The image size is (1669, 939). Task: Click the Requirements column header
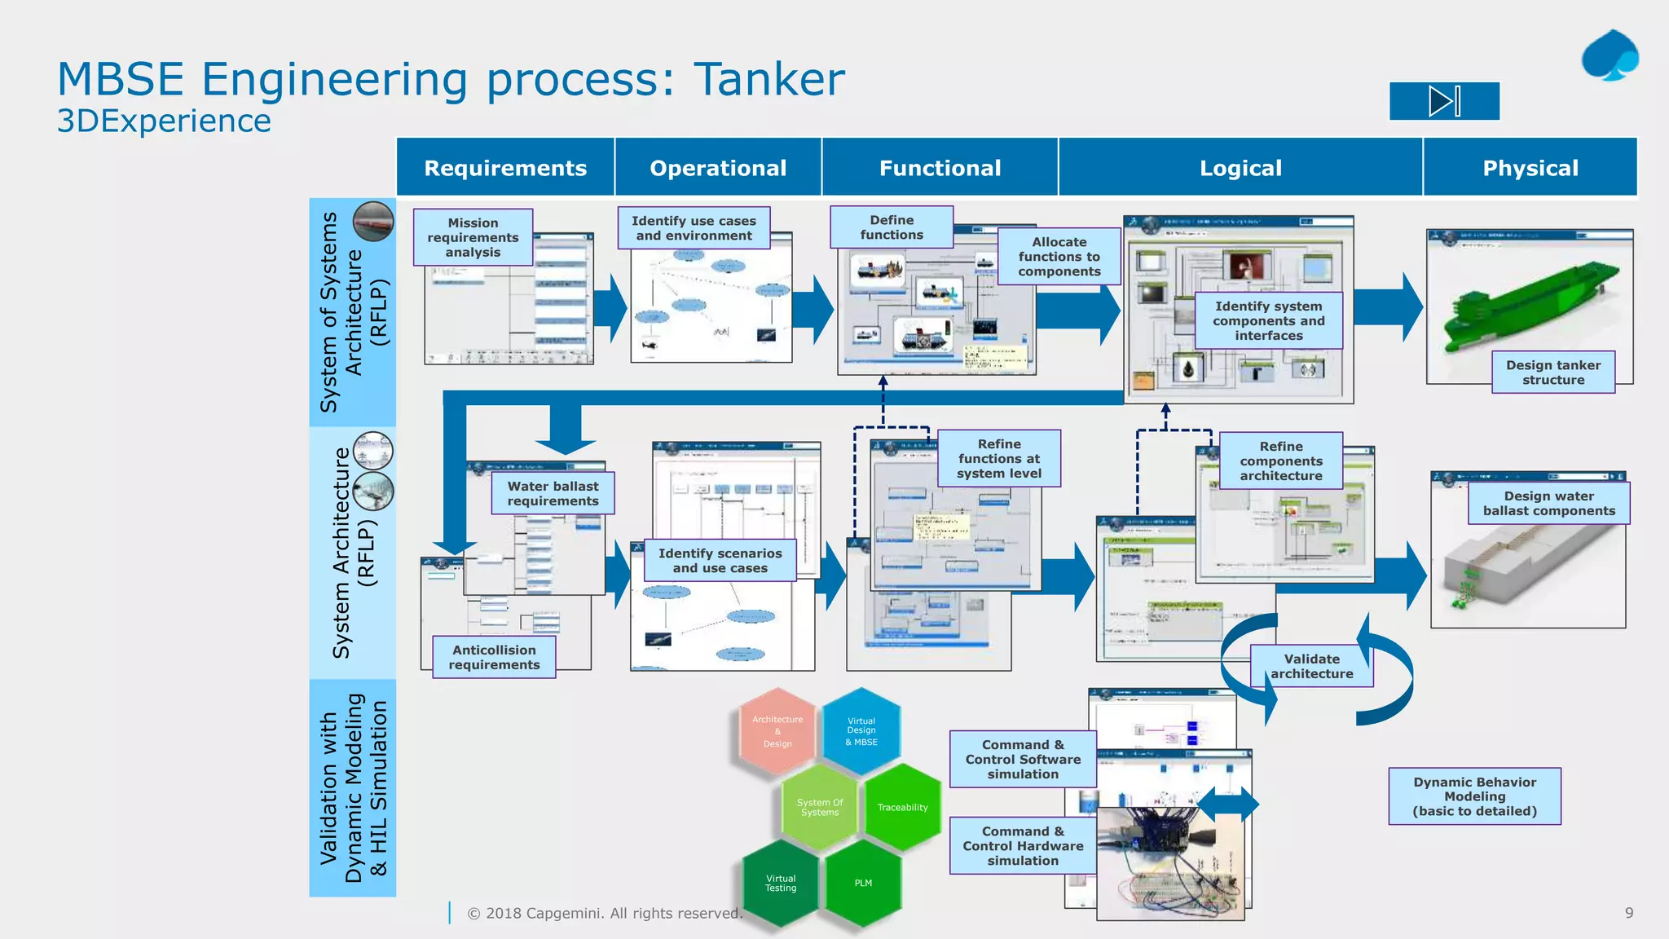coord(505,168)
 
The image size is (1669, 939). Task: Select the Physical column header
coord(1530,168)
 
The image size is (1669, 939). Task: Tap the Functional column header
coord(940,168)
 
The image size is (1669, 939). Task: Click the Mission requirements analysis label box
coord(473,237)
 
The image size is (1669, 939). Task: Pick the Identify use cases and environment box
coord(694,228)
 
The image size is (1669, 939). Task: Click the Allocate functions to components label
coord(1059,257)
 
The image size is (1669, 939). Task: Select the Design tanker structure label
coord(1552,373)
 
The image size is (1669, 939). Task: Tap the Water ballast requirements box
coord(553,494)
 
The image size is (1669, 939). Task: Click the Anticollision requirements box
coord(494,657)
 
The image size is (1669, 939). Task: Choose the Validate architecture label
coord(1310,666)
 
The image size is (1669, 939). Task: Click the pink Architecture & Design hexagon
coord(777,731)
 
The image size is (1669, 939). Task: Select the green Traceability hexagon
coord(902,807)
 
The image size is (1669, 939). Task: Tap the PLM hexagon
coord(863,883)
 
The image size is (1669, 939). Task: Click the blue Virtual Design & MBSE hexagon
coord(861,731)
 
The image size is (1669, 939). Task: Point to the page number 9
coord(1628,913)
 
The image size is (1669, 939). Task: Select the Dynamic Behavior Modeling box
coord(1474,796)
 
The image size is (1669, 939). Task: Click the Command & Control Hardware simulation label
coord(1022,846)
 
